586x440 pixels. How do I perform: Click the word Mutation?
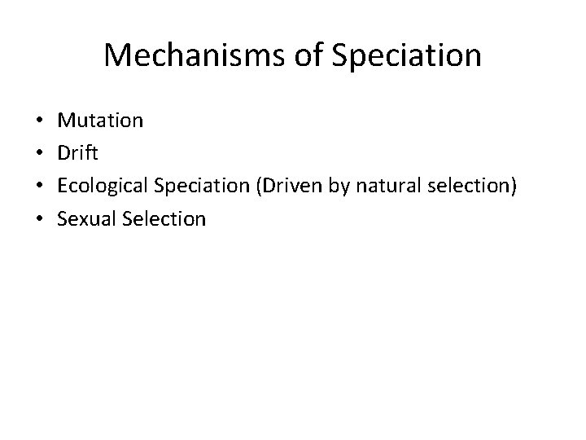100,121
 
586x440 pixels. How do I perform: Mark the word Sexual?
85,218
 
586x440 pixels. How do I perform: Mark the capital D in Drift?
63,154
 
